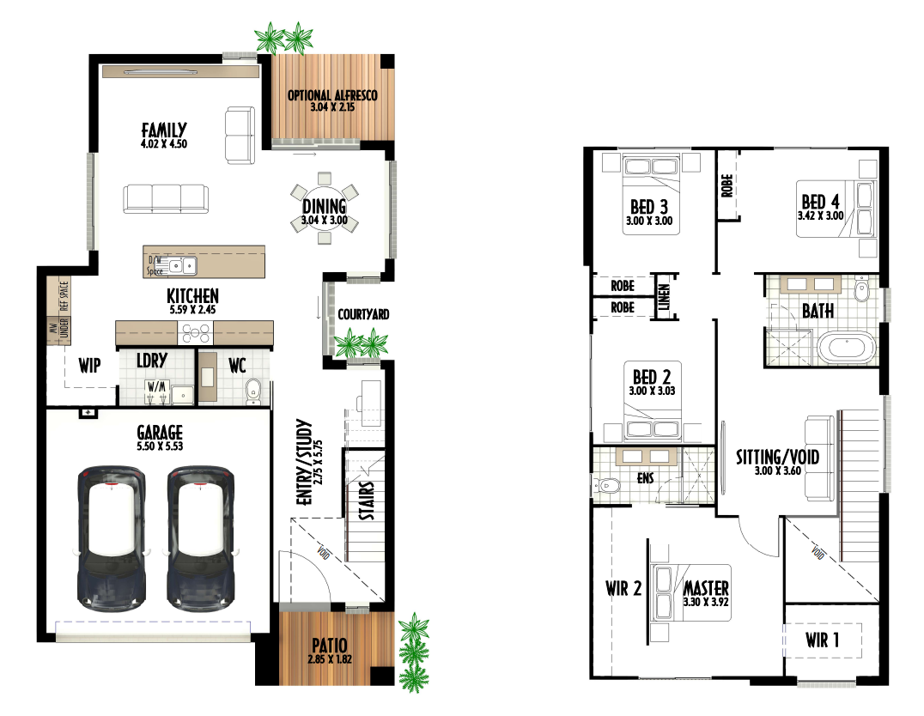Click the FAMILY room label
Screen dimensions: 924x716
click(x=164, y=129)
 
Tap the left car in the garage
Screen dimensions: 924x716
click(x=112, y=538)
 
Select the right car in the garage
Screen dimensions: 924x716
click(x=201, y=538)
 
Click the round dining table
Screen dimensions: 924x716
click(x=324, y=208)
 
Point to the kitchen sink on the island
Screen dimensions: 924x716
click(x=183, y=266)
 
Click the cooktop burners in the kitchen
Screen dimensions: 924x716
click(x=196, y=334)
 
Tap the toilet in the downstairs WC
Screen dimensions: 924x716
click(x=252, y=391)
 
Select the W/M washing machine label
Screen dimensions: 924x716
click(x=157, y=387)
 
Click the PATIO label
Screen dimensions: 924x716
click(x=330, y=646)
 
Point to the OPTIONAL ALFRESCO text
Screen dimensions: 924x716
click(x=332, y=95)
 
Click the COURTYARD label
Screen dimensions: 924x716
click(x=363, y=314)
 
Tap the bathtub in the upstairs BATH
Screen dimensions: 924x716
click(x=847, y=348)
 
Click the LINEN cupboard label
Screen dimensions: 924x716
click(x=664, y=296)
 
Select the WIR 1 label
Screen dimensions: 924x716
click(x=823, y=640)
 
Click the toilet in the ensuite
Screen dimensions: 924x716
click(x=607, y=486)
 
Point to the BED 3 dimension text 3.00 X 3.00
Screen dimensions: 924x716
click(x=649, y=221)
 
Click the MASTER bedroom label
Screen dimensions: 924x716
click(x=706, y=587)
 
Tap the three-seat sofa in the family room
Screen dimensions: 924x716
click(x=165, y=198)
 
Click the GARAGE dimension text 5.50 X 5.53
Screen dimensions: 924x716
click(x=160, y=446)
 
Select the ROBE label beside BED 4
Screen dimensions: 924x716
click(x=726, y=185)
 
